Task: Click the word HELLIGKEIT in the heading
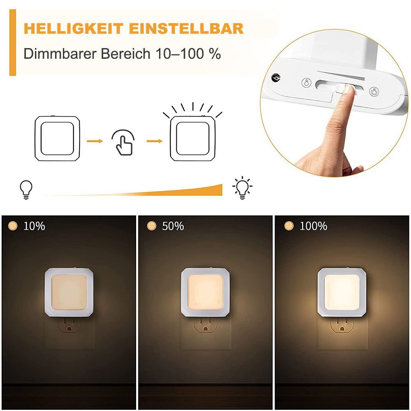click(x=73, y=29)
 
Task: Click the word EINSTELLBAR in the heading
click(x=186, y=29)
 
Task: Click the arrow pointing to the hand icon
click(x=95, y=141)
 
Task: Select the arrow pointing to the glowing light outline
click(x=154, y=141)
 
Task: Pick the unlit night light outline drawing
click(x=57, y=138)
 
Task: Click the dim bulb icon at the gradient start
click(x=26, y=189)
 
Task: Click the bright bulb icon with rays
click(x=242, y=188)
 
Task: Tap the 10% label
click(x=34, y=226)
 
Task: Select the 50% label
click(x=173, y=226)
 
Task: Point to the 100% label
click(x=313, y=226)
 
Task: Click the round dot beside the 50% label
click(x=152, y=226)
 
